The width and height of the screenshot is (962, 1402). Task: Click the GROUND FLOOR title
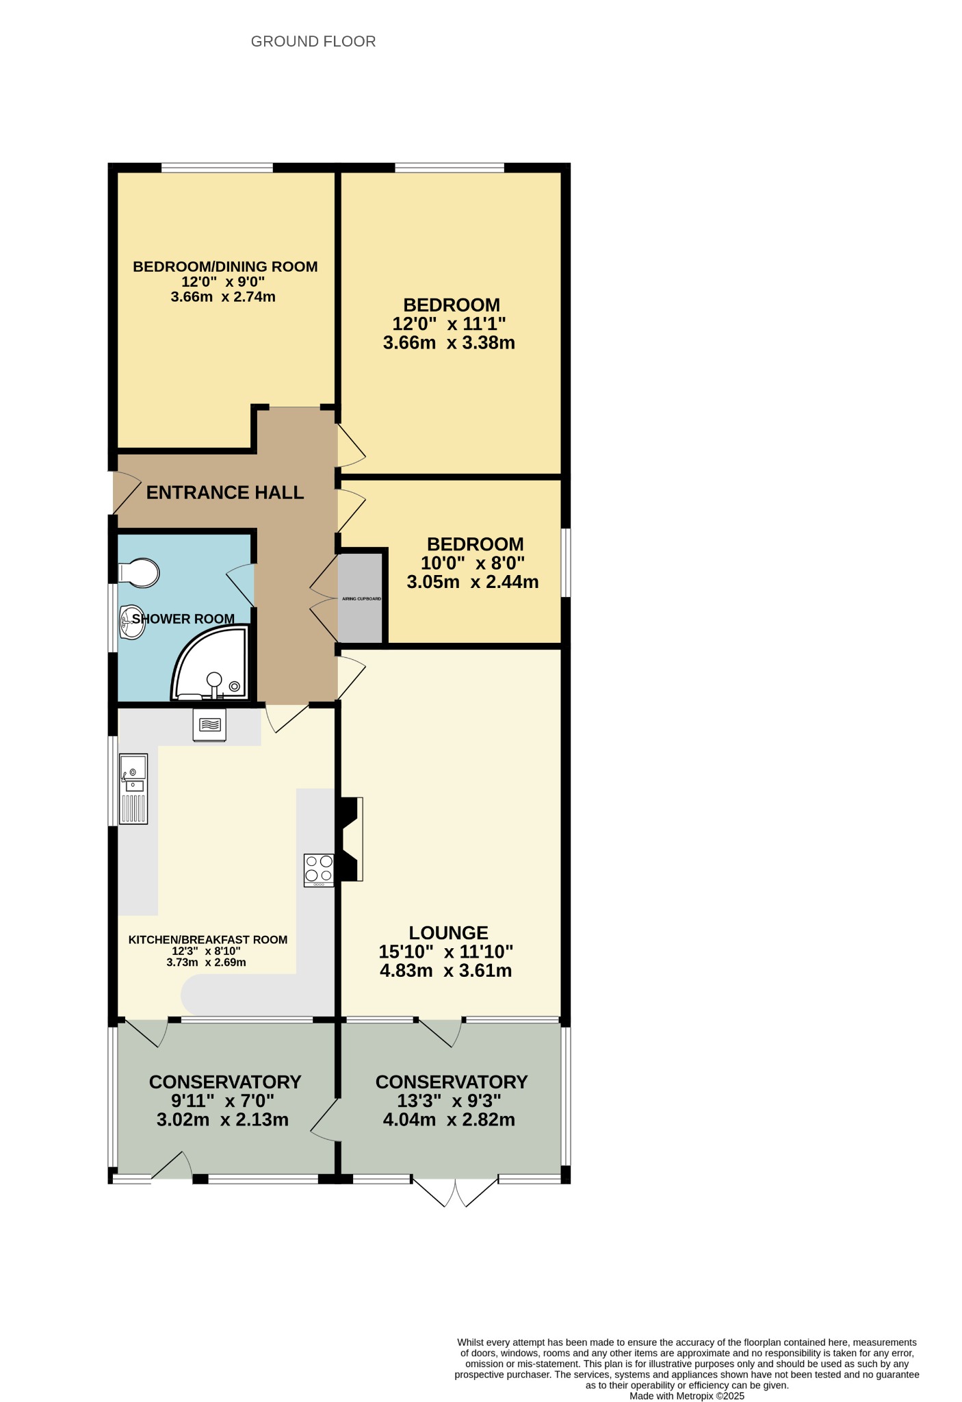tap(313, 42)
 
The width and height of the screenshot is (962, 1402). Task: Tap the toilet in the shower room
tap(139, 573)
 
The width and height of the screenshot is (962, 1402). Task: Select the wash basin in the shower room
tap(132, 622)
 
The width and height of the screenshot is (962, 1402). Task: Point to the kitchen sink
tap(133, 789)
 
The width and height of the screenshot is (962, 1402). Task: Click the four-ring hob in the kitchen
tap(319, 870)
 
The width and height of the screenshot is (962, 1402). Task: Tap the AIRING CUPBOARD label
tap(361, 599)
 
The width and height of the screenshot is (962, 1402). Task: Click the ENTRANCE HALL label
tap(225, 493)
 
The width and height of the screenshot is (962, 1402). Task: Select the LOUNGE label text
tap(449, 932)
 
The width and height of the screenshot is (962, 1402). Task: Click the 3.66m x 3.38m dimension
tap(449, 343)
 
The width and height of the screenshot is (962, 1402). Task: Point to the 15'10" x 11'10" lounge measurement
tap(446, 952)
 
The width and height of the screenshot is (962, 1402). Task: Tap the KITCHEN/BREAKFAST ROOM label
tap(208, 940)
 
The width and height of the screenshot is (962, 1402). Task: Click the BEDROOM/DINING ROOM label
tap(225, 266)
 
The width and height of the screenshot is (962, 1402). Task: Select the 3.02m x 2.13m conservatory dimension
tap(223, 1120)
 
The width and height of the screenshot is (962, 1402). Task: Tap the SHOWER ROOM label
tap(183, 620)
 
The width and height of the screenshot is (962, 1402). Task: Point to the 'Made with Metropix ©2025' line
tap(687, 1396)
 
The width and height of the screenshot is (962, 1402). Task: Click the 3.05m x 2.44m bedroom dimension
tap(473, 583)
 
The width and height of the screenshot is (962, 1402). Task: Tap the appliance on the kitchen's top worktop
tap(210, 725)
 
